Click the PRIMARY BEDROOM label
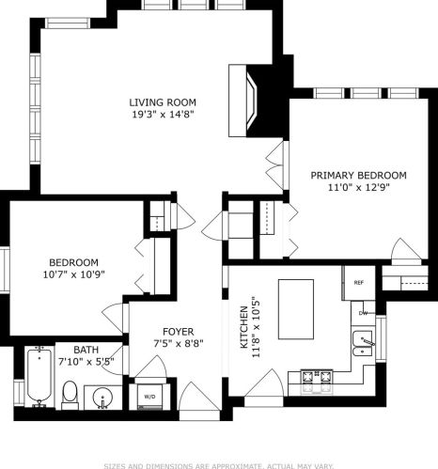point(359,175)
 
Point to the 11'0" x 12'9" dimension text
point(359,187)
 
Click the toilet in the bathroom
point(70,394)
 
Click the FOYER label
point(179,332)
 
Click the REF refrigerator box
point(359,282)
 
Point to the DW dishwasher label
point(363,312)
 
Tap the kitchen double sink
point(362,344)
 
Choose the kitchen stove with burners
point(314,381)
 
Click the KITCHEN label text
point(243,327)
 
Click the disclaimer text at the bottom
point(218,463)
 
